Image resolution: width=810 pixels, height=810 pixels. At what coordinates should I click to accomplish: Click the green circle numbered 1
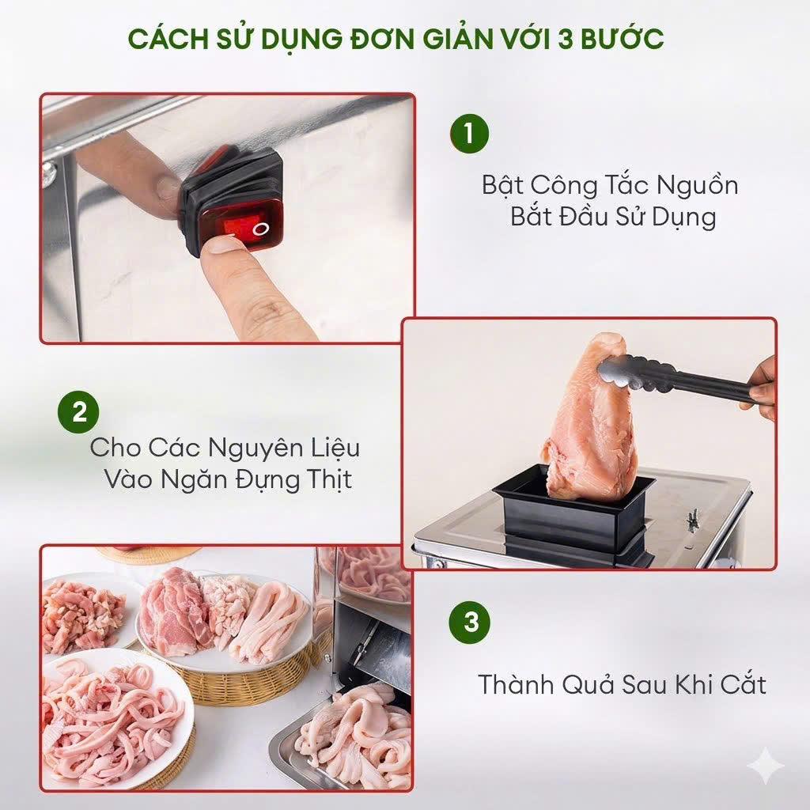click(x=469, y=133)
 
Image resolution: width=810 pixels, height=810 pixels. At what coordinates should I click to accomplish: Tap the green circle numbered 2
click(x=78, y=412)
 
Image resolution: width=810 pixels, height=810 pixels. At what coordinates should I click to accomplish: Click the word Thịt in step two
click(x=328, y=479)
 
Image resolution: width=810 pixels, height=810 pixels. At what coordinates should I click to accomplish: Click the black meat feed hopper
click(x=573, y=512)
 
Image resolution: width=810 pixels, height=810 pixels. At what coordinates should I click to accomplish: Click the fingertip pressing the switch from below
click(x=221, y=247)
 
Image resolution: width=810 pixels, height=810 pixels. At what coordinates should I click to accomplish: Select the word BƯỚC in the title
click(x=623, y=38)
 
